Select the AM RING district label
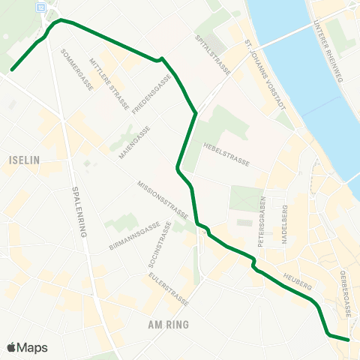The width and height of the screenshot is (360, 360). (x=169, y=325)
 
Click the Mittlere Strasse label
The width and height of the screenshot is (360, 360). (x=109, y=83)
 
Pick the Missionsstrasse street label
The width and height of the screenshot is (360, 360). (x=163, y=196)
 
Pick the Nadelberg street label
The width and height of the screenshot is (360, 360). (x=284, y=233)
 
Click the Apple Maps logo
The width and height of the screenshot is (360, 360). (x=28, y=347)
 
